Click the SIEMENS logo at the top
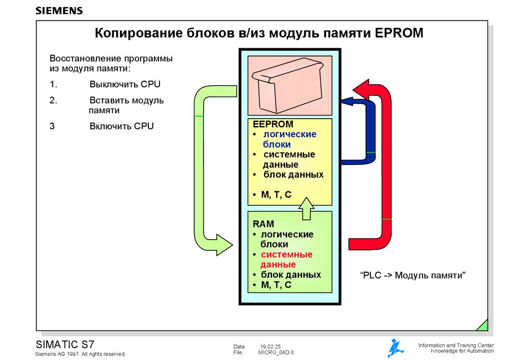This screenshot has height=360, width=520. tap(59, 11)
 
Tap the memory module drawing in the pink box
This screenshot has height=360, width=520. tap(289, 86)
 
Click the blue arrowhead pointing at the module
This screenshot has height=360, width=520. tap(348, 102)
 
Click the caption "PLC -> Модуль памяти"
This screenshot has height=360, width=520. tap(413, 276)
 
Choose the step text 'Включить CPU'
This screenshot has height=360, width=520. tap(121, 126)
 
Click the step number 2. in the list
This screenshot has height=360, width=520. tap(53, 100)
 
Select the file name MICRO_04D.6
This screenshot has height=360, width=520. tap(276, 352)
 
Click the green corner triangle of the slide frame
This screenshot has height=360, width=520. tap(482, 325)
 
